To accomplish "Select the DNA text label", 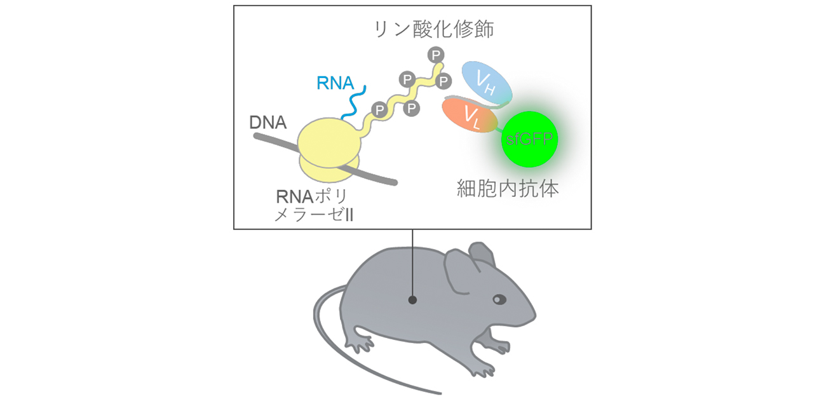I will [267, 124].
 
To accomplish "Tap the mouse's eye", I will [499, 299].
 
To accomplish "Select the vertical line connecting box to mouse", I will [413, 260].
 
